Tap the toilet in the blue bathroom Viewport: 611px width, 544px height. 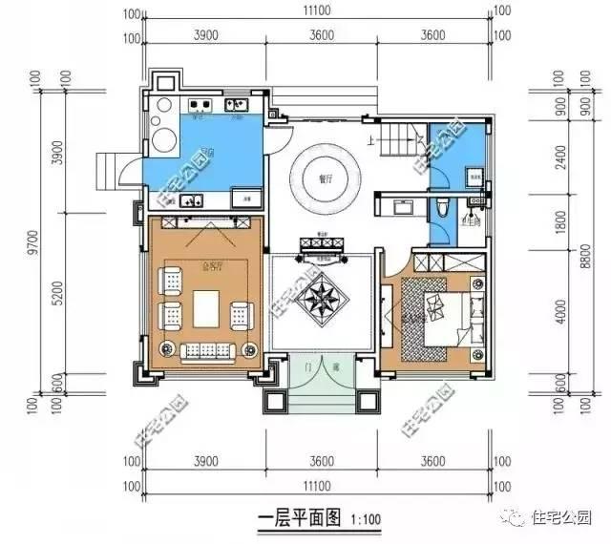pyautogui.click(x=442, y=209)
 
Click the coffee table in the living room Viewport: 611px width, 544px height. pyautogui.click(x=206, y=308)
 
